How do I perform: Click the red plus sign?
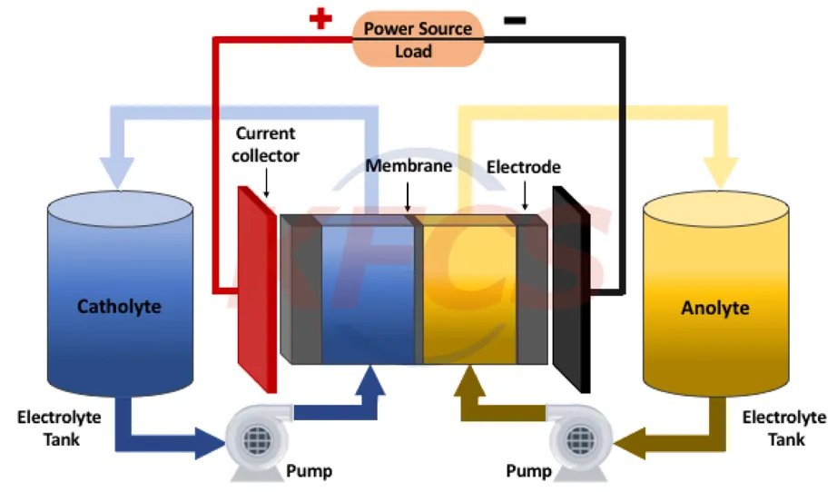(320, 19)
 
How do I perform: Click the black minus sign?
(515, 20)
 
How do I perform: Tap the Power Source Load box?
(418, 39)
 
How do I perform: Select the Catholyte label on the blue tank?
(119, 306)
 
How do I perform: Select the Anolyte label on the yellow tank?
(715, 308)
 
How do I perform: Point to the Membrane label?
(409, 166)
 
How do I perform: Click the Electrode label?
(523, 167)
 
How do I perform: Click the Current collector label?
(265, 144)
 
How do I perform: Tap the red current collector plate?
(257, 290)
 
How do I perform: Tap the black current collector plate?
(571, 290)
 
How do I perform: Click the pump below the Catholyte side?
(259, 441)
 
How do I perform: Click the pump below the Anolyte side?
(580, 441)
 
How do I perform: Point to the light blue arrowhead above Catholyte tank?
(118, 172)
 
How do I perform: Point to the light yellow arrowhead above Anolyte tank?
(721, 172)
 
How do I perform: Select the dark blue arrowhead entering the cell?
(371, 380)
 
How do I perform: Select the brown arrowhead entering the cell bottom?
(469, 380)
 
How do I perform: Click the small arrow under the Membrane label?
(408, 196)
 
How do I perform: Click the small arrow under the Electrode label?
(525, 195)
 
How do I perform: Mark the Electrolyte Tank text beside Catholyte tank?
(59, 428)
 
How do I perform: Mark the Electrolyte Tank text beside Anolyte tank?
(784, 428)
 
